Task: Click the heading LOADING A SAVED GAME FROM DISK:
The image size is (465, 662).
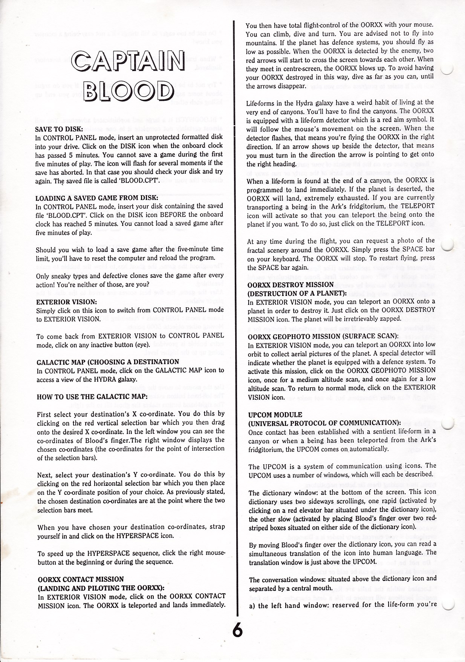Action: [96, 198]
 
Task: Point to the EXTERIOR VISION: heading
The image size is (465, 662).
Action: [67, 302]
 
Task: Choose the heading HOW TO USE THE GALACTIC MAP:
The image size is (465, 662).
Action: [92, 397]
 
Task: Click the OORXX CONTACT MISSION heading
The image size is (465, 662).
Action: [81, 579]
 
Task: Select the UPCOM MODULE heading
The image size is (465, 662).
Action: [275, 415]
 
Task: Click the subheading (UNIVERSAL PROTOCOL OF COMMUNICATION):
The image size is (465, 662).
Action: [324, 423]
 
